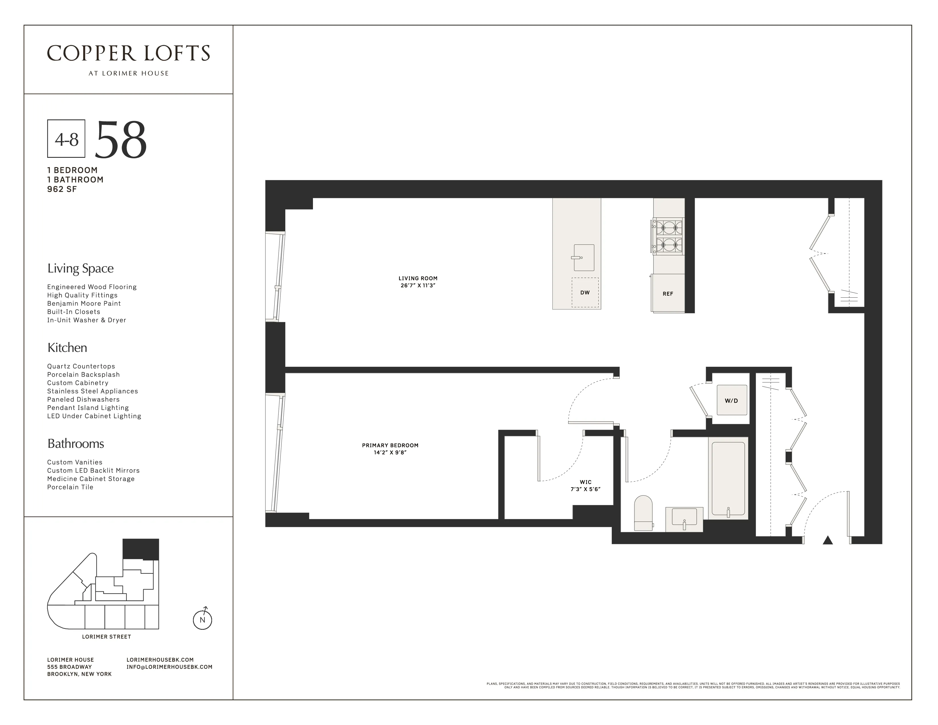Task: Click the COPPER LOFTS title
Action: [128, 53]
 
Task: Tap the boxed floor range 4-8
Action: [66, 139]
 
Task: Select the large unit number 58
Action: [121, 140]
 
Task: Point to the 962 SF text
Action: [62, 189]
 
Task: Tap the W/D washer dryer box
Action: [731, 400]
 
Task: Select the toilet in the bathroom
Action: [643, 513]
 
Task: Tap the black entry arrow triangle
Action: [828, 540]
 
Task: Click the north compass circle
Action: [202, 620]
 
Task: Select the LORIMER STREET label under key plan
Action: [107, 637]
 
